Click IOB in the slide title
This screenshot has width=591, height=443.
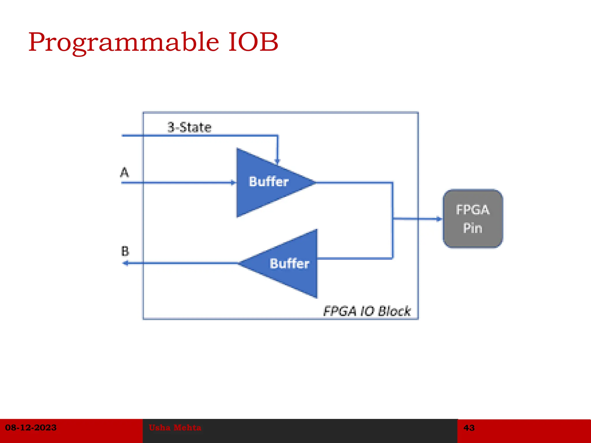pos(253,42)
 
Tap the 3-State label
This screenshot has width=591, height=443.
pos(189,127)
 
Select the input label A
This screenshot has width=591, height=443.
pos(124,172)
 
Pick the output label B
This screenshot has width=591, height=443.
pos(125,251)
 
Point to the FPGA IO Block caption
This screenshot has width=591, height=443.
pos(366,311)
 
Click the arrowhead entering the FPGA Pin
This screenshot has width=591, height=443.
pos(439,219)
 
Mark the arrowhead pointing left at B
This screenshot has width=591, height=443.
pos(126,263)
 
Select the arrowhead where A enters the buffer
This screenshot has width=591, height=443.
pos(233,183)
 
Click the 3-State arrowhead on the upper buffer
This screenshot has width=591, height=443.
pos(277,161)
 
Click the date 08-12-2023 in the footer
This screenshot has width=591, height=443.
pos(31,427)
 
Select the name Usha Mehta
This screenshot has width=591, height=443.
pos(175,427)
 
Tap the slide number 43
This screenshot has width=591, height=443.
pos(469,428)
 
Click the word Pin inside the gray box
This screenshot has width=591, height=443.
pos(473,228)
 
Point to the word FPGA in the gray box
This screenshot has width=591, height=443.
pos(473,210)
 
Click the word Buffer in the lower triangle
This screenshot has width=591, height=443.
pos(289,263)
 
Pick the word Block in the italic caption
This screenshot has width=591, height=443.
pos(394,311)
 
